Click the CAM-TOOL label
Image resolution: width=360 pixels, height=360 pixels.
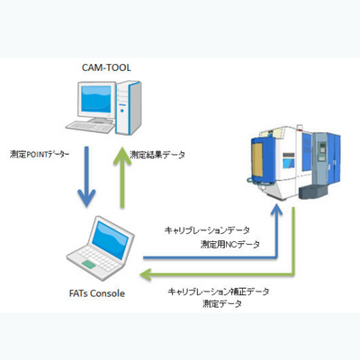point(106,67)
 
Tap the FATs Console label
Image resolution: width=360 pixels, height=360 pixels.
point(97,293)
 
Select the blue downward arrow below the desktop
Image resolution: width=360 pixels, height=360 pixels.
point(86,176)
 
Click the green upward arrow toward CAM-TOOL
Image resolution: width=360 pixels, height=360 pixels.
point(122,177)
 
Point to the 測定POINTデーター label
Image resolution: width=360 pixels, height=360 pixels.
point(40,155)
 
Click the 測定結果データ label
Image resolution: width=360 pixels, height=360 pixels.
point(157,155)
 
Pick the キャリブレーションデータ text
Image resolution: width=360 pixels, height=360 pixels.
point(207,230)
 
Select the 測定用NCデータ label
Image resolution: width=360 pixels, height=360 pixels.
point(230,245)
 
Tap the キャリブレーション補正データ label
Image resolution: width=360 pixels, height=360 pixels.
point(219,292)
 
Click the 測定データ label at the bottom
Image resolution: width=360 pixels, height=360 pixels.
point(222,304)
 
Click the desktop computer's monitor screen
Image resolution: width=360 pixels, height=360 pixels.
point(96,99)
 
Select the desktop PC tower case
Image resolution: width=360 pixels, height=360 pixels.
point(129,108)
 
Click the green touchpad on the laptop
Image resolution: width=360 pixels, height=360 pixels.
point(89,265)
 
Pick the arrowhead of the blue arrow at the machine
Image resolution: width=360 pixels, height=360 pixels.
point(276,209)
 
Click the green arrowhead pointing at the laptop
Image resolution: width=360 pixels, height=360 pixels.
point(146,274)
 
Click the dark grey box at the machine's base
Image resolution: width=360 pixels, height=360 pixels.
point(313,192)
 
